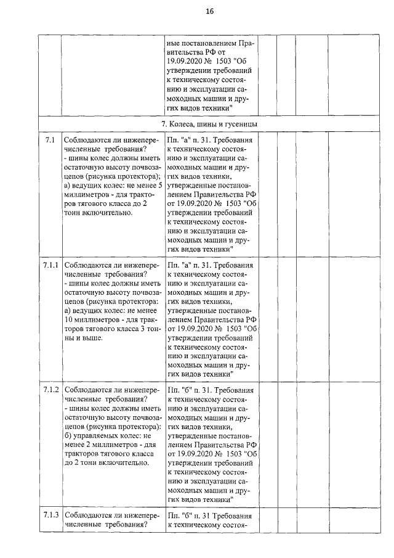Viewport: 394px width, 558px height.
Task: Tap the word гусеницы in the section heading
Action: coord(240,124)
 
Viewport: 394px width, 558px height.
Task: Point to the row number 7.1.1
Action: coord(50,266)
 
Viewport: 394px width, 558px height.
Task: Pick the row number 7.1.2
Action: coord(50,391)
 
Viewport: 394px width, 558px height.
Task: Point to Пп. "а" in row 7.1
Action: coord(182,141)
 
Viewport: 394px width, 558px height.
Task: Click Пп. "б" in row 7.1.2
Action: coord(182,391)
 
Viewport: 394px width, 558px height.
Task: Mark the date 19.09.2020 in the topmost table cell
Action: coord(188,62)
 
